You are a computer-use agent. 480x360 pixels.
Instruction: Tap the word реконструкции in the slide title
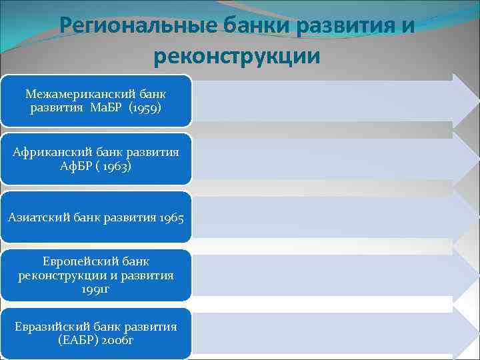[237, 56]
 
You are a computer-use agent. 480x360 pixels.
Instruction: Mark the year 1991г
[96, 289]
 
